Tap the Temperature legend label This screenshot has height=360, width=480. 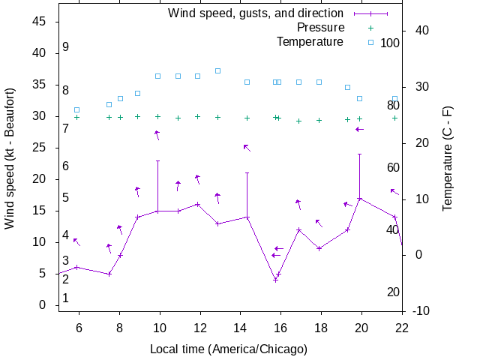[310, 41]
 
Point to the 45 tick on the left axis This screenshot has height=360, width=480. [41, 22]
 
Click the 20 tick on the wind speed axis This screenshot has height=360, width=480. [41, 179]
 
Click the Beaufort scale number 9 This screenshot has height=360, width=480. [66, 47]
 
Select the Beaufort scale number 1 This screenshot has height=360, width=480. [66, 298]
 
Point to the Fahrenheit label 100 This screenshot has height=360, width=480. [390, 43]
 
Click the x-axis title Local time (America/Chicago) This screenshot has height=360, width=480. [229, 349]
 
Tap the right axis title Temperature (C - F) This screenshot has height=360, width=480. [447, 157]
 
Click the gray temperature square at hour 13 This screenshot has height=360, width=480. [217, 70]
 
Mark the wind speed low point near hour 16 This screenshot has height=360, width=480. [275, 280]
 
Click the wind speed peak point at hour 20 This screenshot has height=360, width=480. [360, 199]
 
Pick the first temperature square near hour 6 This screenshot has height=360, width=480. [76, 109]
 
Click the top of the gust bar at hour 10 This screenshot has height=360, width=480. [157, 160]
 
